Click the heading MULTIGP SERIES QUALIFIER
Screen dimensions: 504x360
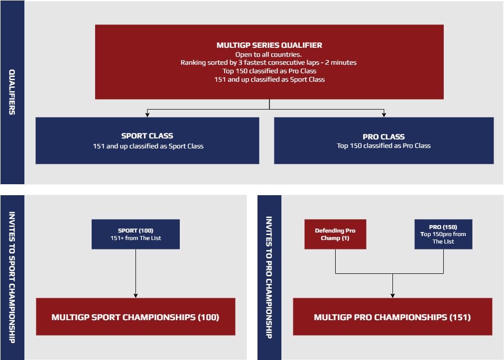point(269,45)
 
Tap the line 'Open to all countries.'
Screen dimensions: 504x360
point(268,55)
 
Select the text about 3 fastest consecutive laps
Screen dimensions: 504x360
point(268,63)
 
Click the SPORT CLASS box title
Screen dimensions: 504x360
point(147,136)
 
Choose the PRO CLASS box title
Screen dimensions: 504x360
point(384,137)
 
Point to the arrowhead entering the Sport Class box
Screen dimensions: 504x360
point(147,115)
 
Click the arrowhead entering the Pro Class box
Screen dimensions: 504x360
point(384,115)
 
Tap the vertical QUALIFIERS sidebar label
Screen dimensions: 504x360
point(12,92)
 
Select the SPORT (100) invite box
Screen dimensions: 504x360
point(135,235)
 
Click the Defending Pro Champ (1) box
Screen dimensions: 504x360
point(335,235)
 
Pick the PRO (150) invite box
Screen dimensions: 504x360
point(443,235)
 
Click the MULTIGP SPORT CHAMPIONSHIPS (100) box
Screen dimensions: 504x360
point(135,317)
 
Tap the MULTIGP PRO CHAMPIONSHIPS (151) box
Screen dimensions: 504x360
point(392,317)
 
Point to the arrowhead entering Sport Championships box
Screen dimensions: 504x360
point(135,296)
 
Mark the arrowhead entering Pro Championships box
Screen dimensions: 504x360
point(392,296)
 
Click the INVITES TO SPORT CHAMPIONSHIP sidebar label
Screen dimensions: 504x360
point(12,277)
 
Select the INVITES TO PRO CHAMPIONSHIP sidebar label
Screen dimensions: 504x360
point(269,277)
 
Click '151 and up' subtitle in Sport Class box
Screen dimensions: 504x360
point(148,146)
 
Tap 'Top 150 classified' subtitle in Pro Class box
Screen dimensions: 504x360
point(384,146)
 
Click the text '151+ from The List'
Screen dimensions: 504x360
point(135,238)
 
